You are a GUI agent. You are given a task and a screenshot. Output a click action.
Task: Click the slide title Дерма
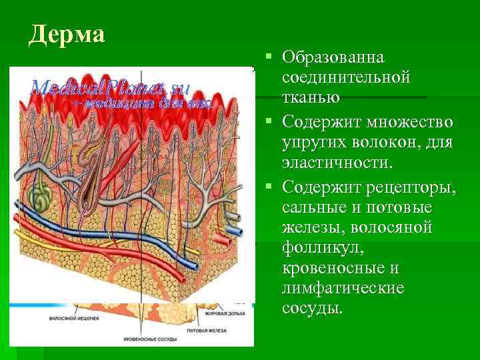coord(67,33)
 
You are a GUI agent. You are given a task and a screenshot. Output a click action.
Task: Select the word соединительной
coord(345,78)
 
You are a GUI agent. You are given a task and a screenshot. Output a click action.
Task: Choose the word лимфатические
coord(343,288)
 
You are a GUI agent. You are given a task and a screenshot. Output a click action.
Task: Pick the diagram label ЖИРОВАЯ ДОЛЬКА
coord(223,311)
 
